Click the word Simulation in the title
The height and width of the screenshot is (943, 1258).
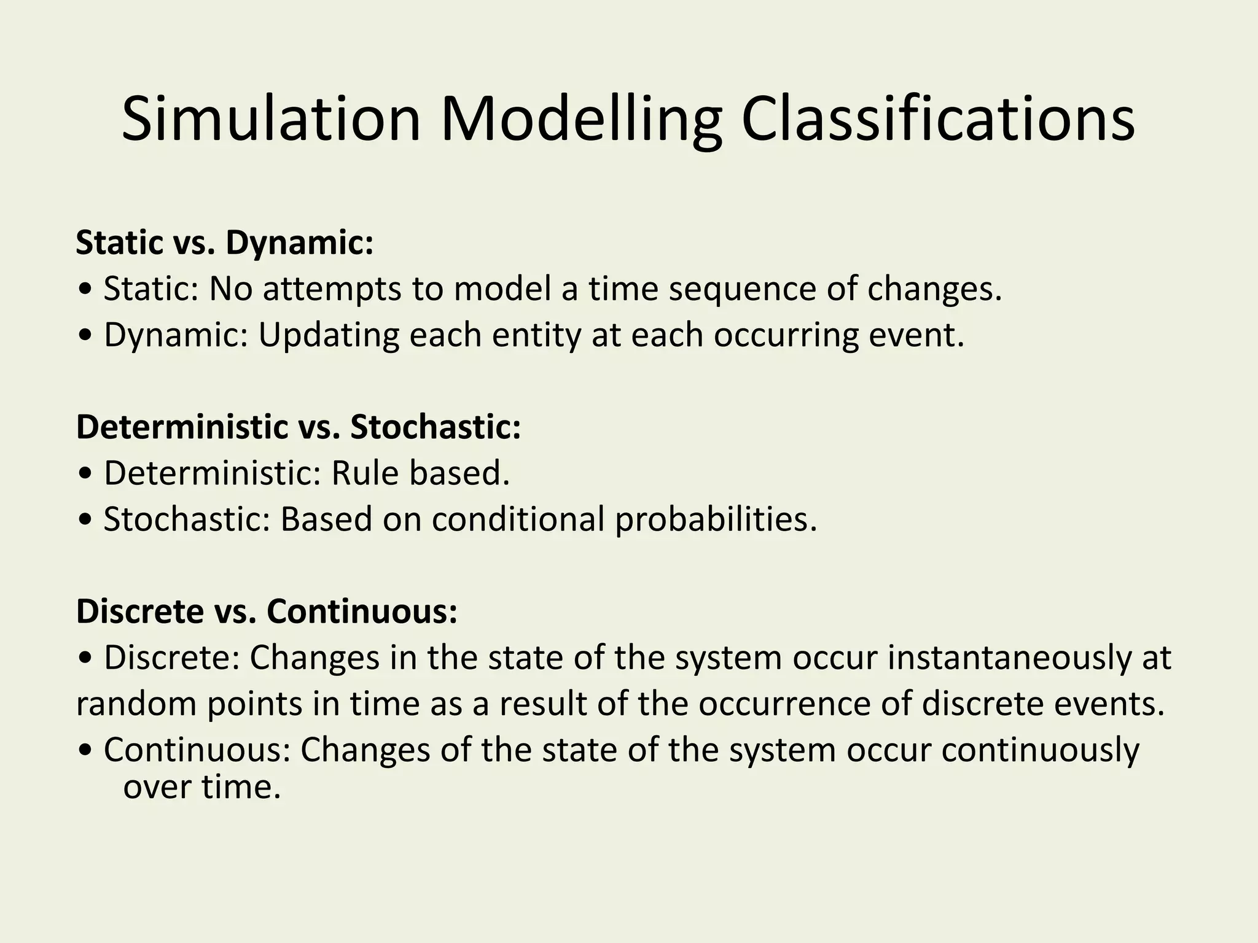tap(271, 119)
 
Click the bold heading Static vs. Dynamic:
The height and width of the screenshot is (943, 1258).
tap(224, 243)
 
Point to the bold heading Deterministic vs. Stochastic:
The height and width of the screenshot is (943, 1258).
tap(299, 427)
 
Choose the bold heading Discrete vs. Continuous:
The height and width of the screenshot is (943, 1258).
tap(267, 612)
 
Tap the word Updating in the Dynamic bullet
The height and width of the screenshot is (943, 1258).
tap(328, 335)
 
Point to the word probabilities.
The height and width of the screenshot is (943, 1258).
tap(716, 521)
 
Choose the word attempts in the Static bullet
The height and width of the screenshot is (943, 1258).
tap(332, 290)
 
